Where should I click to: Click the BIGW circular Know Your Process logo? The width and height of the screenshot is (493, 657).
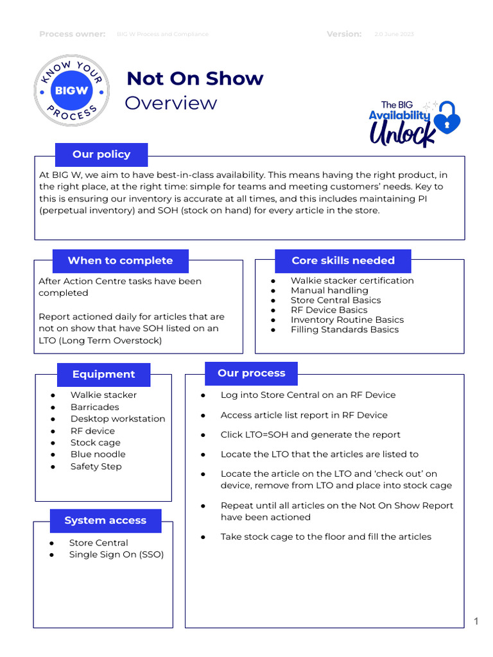71,90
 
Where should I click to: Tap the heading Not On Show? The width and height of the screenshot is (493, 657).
195,78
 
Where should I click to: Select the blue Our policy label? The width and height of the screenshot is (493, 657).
101,155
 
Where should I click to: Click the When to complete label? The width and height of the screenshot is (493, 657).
120,260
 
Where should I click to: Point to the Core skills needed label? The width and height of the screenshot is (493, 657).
343,260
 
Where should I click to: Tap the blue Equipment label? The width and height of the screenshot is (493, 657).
103,374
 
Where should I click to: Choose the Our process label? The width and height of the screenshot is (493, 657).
251,373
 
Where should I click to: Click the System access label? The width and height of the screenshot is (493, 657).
105,520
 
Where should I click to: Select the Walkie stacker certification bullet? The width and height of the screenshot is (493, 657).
352,280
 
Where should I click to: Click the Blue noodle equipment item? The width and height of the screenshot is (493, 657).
98,454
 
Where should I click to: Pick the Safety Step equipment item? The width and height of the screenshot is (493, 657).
96,466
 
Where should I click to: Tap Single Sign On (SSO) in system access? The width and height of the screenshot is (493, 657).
116,554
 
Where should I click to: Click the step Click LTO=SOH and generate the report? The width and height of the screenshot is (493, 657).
310,434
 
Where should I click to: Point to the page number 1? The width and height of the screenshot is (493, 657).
476,620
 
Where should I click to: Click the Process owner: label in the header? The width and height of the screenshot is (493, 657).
73,34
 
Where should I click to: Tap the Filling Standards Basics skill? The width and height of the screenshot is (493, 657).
344,330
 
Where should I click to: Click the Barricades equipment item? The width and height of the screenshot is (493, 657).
94,407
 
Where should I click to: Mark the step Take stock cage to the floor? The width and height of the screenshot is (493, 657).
325,536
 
